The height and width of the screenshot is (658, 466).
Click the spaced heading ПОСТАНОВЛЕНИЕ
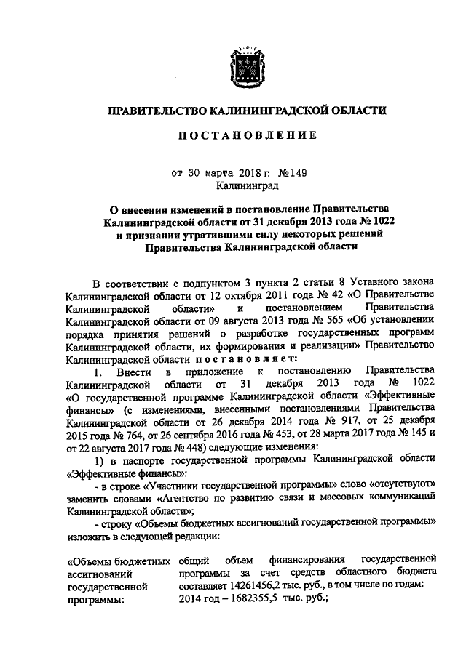tap(242, 136)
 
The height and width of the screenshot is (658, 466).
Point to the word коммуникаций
tap(400, 498)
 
